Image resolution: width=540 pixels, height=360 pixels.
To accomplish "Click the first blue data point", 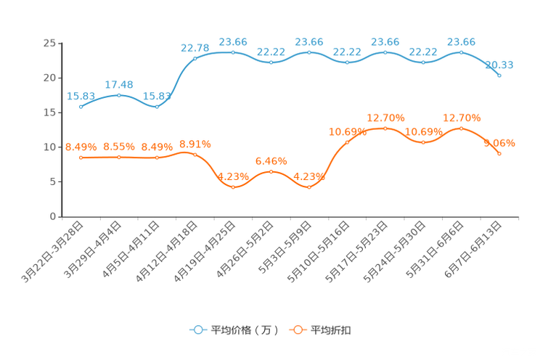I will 81,107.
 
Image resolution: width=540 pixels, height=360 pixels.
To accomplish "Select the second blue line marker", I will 119,95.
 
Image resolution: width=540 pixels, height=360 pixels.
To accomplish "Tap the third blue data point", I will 157,107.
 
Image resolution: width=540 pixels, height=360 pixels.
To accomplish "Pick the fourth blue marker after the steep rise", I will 195,59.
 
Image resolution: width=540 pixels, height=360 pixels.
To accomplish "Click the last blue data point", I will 499,75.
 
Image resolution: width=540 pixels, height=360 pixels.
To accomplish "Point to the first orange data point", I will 81,157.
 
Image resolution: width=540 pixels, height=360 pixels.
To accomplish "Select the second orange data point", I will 119,157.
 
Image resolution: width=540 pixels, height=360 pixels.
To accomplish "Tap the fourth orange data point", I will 195,155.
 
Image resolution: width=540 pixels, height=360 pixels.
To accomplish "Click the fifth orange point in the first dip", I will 233,187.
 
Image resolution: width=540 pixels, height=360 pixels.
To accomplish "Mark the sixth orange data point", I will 271,171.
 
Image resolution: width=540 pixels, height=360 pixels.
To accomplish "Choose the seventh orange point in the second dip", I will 309,187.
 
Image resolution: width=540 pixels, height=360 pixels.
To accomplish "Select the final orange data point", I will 499,154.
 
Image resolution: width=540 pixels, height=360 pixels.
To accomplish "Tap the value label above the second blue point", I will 119,85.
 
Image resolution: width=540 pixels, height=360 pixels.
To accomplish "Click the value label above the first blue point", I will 81,97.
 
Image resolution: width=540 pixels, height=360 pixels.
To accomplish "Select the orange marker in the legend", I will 298,330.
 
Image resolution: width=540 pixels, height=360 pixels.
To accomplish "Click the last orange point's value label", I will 499,143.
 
